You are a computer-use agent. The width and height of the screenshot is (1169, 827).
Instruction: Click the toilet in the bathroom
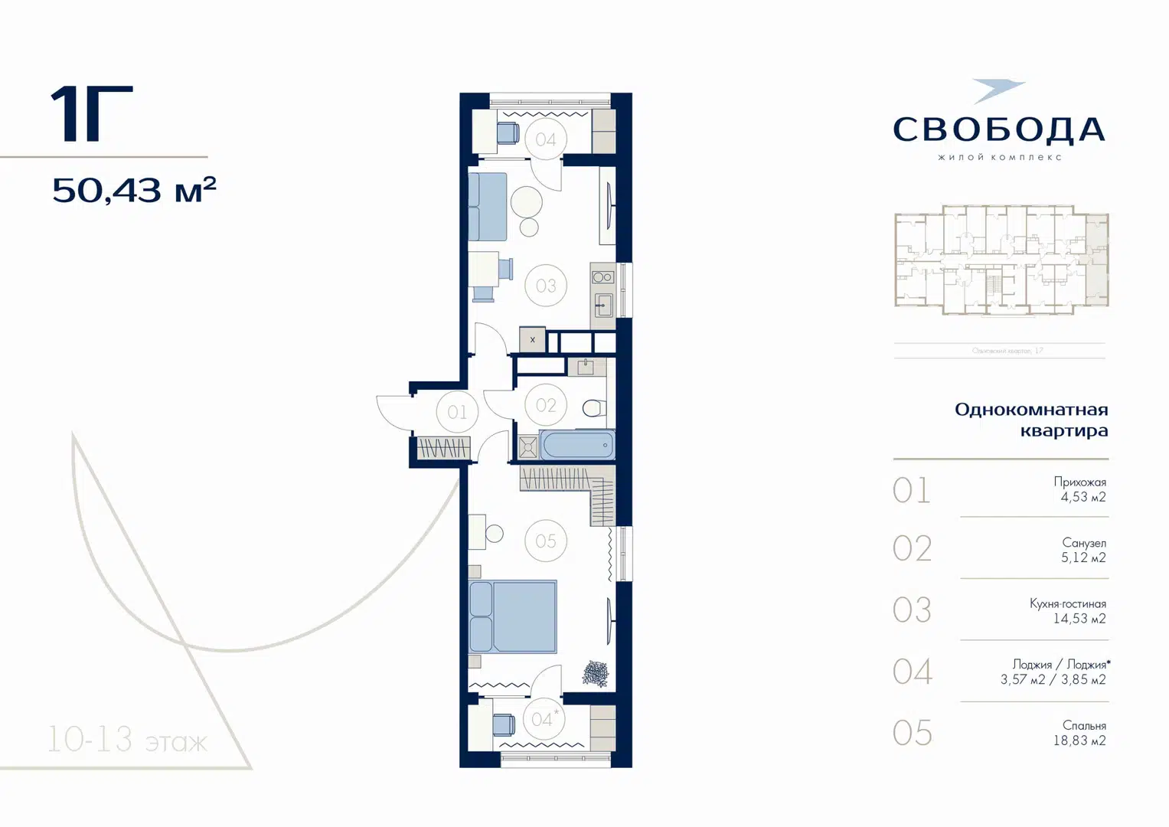click(x=593, y=407)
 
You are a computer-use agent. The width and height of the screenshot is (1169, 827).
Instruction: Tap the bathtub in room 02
click(x=577, y=445)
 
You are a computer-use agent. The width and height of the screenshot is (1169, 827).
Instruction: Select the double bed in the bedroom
click(x=513, y=616)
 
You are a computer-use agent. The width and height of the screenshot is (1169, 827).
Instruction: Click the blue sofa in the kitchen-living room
click(x=488, y=207)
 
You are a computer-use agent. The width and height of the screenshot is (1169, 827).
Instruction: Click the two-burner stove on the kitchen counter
click(x=602, y=277)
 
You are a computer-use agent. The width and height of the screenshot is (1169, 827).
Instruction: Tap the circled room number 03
click(x=546, y=286)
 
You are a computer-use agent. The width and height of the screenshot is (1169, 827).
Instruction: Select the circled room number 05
click(x=546, y=541)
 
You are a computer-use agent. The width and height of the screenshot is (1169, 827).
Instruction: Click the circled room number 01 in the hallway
click(x=457, y=412)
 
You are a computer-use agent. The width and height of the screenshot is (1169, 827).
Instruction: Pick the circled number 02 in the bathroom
click(x=546, y=405)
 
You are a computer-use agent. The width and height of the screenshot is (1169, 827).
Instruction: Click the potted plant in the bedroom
click(x=595, y=674)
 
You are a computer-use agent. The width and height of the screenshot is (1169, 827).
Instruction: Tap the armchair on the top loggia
click(x=508, y=133)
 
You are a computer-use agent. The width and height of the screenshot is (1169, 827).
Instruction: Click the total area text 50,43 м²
click(x=134, y=190)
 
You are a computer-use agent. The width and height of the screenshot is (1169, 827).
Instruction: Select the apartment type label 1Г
click(x=91, y=114)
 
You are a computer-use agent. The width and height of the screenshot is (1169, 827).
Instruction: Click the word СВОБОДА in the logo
click(x=999, y=130)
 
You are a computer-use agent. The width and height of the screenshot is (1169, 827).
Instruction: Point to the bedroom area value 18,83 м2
click(x=1079, y=740)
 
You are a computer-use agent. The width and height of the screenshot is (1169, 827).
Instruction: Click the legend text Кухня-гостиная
click(x=1067, y=603)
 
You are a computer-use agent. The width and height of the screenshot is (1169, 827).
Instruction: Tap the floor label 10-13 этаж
click(x=127, y=740)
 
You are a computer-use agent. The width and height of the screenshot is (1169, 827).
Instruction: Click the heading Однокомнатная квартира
click(x=1030, y=420)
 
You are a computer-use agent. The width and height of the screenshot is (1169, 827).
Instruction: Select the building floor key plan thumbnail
click(x=1001, y=260)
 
